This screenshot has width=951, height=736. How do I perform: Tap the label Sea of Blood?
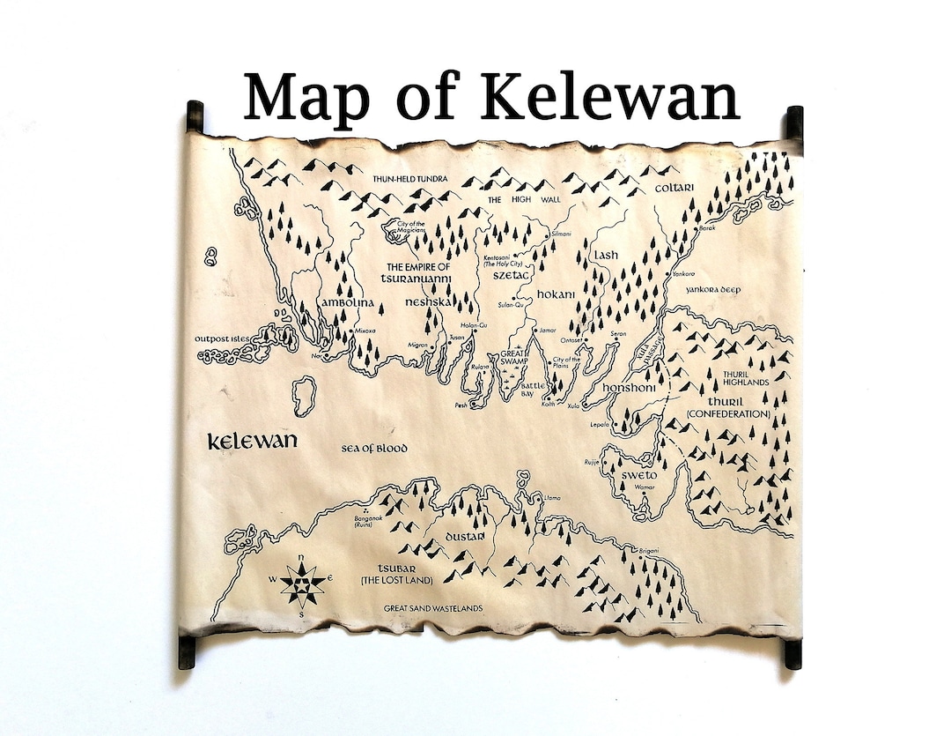pos(374,449)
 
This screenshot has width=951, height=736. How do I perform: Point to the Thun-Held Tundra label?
pos(410,179)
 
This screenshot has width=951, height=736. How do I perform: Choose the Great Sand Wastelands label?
pos(433,608)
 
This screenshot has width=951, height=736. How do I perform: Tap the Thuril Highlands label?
pos(746,377)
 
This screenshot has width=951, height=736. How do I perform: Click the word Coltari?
pos(675,188)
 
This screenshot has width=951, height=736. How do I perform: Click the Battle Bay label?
pos(527,390)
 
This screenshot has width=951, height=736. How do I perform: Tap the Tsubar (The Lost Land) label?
pos(389,574)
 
